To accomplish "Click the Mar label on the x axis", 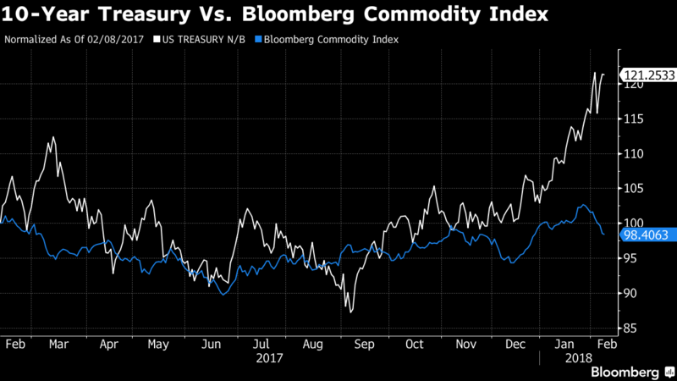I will [x=59, y=345].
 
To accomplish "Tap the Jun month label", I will [x=212, y=345].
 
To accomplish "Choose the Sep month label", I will [x=365, y=345].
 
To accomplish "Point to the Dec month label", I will [x=516, y=345].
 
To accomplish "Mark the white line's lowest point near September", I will [x=350, y=312].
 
